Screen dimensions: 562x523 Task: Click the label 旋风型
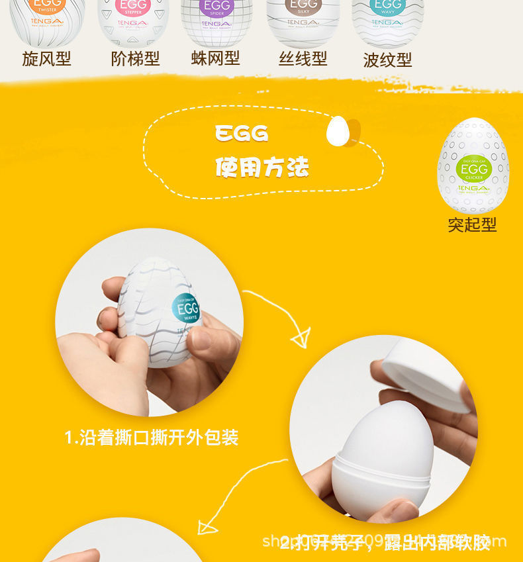46,59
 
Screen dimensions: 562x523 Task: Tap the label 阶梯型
135,59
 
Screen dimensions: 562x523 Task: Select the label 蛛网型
215,58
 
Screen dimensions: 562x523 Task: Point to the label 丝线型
303,59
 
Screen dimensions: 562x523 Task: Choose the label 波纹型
387,60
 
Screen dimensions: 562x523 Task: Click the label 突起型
472,225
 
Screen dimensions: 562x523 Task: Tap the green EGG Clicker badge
474,170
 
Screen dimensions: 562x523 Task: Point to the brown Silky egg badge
303,5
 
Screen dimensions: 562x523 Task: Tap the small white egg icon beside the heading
338,131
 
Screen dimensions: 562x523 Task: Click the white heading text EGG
242,134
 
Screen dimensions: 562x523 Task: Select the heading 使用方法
261,167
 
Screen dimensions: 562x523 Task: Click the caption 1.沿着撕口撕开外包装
152,438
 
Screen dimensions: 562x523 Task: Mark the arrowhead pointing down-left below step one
208,526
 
